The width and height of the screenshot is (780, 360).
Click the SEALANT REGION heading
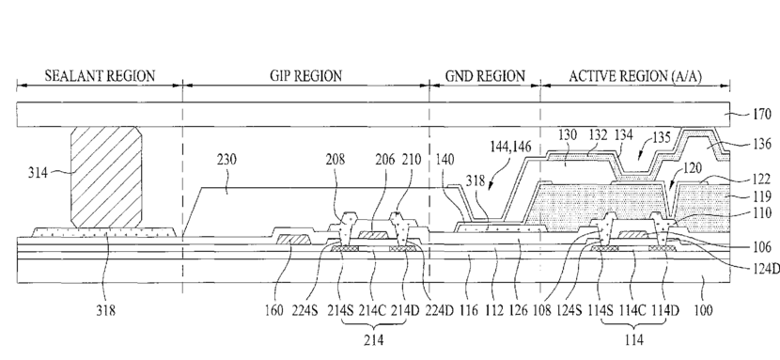coord(100,76)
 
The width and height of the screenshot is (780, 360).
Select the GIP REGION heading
coord(306,76)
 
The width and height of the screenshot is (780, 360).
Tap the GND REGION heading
coord(485,76)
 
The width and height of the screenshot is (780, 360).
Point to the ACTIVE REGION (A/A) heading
coord(635,76)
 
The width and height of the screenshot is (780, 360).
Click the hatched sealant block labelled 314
coord(106,178)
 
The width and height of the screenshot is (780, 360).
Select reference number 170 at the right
coord(761,115)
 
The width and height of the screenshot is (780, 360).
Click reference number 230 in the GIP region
coord(226,160)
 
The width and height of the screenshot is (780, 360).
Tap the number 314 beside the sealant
coord(38,173)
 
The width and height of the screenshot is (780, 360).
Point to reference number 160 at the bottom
coord(274,311)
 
